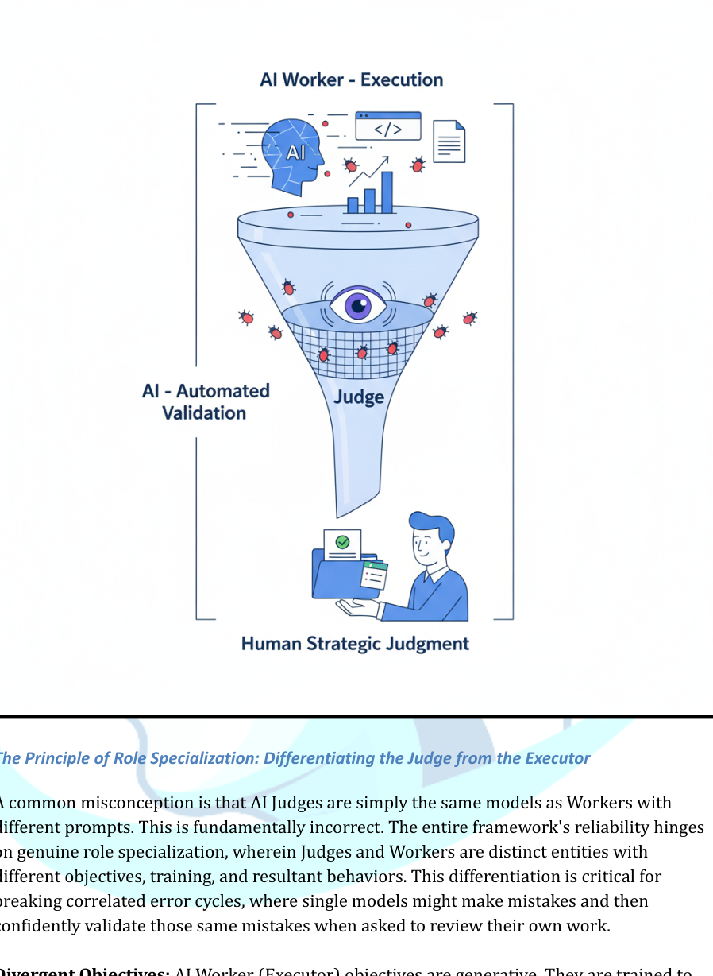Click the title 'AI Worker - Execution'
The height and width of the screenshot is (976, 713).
[351, 80]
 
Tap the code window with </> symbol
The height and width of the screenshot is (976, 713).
[388, 126]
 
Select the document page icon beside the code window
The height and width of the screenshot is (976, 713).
[449, 141]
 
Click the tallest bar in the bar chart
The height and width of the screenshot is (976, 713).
[387, 193]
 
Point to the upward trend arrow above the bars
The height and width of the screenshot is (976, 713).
[369, 169]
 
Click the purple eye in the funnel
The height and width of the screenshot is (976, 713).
[358, 306]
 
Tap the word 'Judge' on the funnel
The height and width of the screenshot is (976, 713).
[359, 397]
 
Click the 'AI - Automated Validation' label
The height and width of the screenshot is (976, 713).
[206, 401]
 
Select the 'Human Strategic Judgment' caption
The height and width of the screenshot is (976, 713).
[355, 644]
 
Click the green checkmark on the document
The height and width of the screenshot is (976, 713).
[342, 542]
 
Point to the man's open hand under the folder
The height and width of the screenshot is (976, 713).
[357, 608]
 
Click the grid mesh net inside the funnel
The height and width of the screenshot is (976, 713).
[357, 350]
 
